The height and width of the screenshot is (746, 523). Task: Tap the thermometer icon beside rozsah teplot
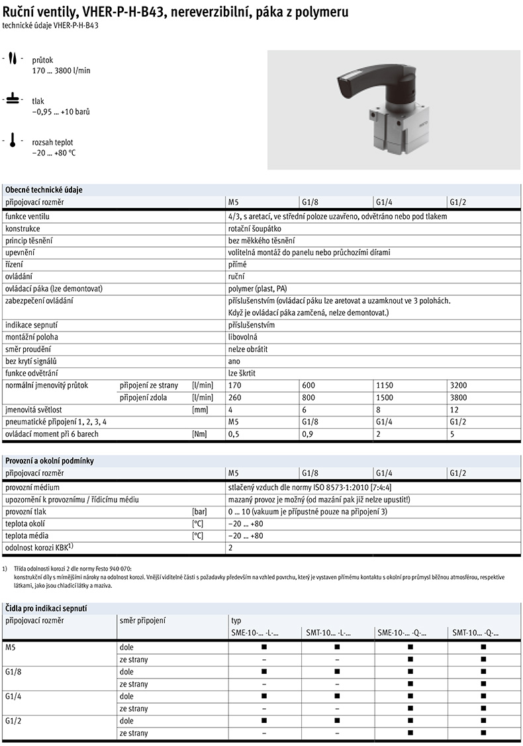(13, 142)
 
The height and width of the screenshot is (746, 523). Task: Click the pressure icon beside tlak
(13, 100)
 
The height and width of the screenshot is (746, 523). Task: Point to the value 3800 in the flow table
(457, 398)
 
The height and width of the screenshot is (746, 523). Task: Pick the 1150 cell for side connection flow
(384, 385)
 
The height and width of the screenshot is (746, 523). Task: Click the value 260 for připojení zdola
(234, 398)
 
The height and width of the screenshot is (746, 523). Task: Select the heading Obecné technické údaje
(44, 189)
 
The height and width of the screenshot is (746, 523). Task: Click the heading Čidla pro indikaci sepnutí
(46, 608)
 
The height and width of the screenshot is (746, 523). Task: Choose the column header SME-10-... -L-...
(254, 633)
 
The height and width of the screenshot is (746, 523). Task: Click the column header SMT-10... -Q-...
(475, 633)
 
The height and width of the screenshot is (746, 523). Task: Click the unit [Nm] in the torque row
(199, 434)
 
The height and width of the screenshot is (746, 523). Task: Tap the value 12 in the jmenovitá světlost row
(453, 410)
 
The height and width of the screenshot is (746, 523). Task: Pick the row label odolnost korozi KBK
(38, 547)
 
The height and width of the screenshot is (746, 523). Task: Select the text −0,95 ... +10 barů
(60, 112)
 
